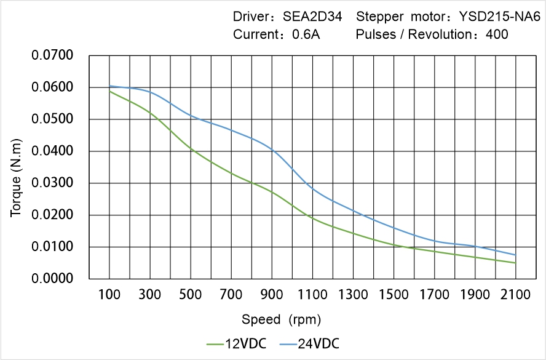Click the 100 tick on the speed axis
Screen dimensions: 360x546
(x=109, y=295)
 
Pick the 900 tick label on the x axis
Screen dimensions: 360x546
(x=272, y=295)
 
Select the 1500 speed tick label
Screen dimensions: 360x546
(x=394, y=295)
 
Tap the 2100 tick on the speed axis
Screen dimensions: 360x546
(x=515, y=295)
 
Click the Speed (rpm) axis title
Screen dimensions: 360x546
(x=282, y=319)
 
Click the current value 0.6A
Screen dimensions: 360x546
(x=305, y=34)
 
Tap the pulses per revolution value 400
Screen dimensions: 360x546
(x=497, y=34)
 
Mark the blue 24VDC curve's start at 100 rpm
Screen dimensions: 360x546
(x=109, y=86)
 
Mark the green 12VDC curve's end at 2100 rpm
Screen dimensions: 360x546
(x=515, y=263)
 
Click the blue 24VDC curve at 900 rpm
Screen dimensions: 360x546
(x=272, y=150)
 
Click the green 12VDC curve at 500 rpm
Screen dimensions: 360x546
(x=191, y=149)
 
